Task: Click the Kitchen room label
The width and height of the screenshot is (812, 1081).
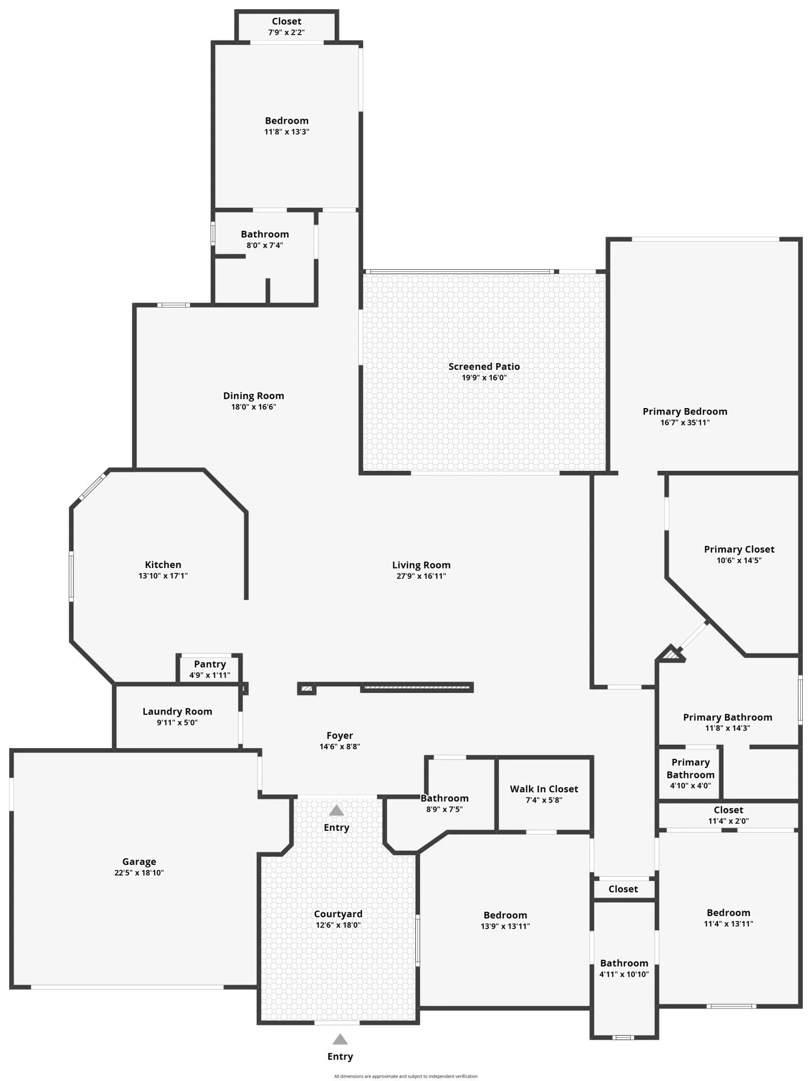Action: (163, 565)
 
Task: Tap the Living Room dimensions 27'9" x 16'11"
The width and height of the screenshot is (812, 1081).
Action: (421, 576)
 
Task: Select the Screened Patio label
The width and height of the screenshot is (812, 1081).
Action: (484, 366)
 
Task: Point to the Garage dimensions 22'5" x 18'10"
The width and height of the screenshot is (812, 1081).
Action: (139, 872)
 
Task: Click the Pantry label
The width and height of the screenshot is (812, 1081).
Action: (210, 664)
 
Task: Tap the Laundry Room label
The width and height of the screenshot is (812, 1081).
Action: (177, 712)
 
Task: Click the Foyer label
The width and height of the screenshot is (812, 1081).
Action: (340, 736)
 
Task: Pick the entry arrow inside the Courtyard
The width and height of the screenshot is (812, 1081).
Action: (336, 810)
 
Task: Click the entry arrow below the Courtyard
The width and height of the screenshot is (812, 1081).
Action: (340, 1039)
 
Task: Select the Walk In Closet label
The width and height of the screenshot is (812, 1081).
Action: (544, 789)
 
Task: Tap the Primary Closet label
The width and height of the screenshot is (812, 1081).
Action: (739, 549)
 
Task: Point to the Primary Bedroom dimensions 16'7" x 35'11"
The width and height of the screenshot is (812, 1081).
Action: (685, 423)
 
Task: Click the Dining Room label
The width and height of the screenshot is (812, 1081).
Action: (254, 396)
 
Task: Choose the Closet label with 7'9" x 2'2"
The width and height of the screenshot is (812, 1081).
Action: (287, 22)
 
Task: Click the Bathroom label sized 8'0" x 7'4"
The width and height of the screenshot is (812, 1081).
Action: (265, 235)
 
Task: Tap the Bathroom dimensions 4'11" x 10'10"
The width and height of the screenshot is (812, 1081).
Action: (624, 974)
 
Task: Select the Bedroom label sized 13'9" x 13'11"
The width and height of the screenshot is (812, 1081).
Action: (505, 915)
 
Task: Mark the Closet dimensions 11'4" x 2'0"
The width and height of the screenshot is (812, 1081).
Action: (728, 821)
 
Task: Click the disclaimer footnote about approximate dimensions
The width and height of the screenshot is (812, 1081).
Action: (405, 1076)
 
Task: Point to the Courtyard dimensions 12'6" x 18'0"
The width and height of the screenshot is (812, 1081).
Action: (338, 925)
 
